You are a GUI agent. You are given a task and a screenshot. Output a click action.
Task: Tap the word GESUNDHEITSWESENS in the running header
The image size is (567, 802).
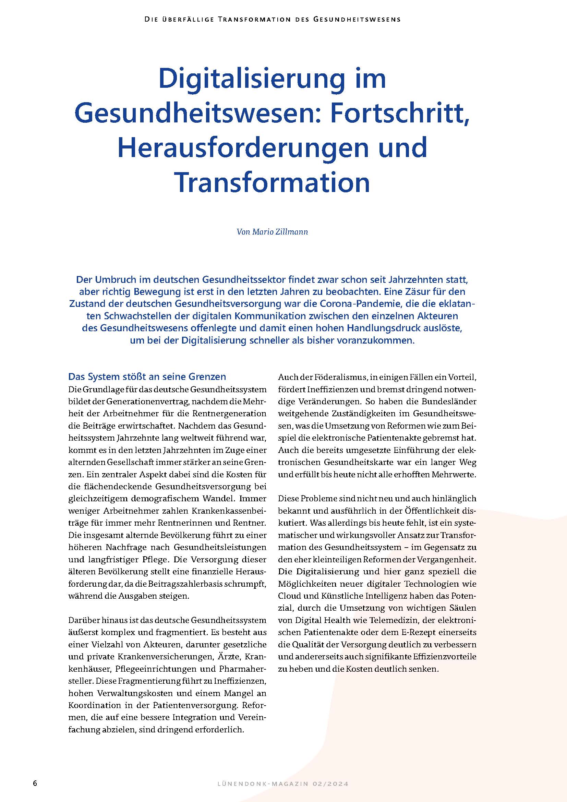click(357, 20)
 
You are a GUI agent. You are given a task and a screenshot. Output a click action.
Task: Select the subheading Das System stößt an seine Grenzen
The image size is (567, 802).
click(147, 376)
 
